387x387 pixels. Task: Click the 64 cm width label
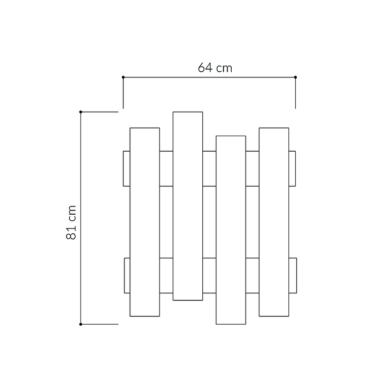coord(215,68)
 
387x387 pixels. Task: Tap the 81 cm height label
coord(71,222)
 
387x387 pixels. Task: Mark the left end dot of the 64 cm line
coord(123,77)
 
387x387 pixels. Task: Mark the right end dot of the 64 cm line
coord(296,77)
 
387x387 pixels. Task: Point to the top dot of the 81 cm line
coord(80,112)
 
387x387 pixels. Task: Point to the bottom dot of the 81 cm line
coord(80,325)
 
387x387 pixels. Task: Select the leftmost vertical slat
coord(145,222)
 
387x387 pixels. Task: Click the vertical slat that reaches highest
coord(188,206)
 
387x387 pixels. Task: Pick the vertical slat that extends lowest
coord(231,230)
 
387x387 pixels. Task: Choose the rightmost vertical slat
coord(274,222)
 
